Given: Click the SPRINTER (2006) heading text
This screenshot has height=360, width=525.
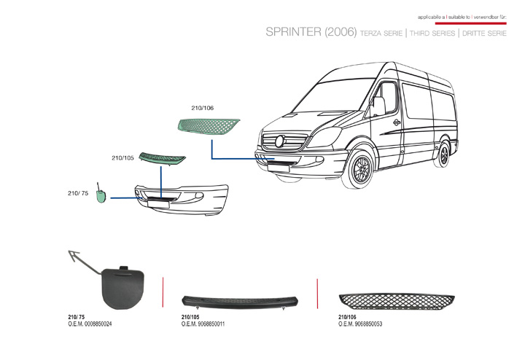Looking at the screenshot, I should pyautogui.click(x=311, y=34).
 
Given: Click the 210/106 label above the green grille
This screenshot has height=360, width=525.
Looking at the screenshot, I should pyautogui.click(x=202, y=108).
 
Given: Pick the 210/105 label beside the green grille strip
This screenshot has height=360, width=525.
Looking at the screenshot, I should pyautogui.click(x=122, y=158).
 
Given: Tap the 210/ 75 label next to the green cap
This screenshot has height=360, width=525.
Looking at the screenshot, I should pyautogui.click(x=78, y=193).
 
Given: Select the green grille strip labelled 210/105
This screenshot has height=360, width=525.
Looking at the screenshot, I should pyautogui.click(x=163, y=159).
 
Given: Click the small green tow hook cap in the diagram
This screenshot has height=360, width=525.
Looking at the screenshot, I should pyautogui.click(x=102, y=195).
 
